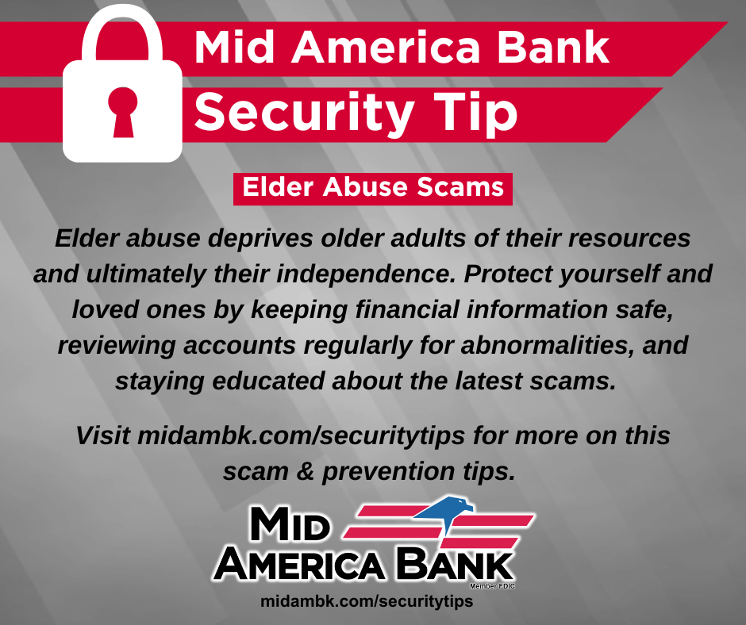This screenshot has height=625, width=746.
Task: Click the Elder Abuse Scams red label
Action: pyautogui.click(x=372, y=189)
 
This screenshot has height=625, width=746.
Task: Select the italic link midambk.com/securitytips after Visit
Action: pyautogui.click(x=301, y=436)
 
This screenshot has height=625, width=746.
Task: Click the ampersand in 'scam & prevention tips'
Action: pyautogui.click(x=305, y=471)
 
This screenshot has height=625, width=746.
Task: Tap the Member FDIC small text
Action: pyautogui.click(x=492, y=586)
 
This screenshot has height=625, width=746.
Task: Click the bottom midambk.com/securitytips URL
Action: pyautogui.click(x=367, y=601)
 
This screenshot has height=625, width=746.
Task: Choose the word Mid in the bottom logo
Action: pyautogui.click(x=290, y=523)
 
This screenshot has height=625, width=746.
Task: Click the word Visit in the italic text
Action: pyautogui.click(x=102, y=435)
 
